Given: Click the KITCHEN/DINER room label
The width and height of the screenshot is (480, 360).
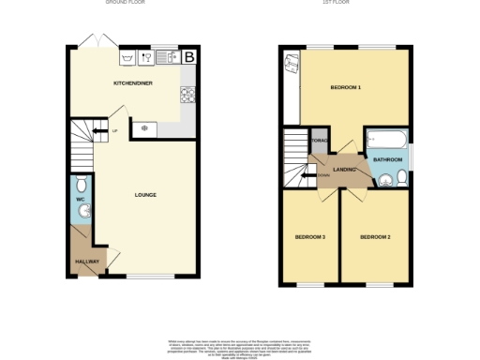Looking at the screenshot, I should point(133,83).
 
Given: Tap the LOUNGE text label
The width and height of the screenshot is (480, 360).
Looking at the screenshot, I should point(144,195).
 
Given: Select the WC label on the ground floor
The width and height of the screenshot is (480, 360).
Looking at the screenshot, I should point(80,199).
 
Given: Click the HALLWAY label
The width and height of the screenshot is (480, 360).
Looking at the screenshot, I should point(86,261).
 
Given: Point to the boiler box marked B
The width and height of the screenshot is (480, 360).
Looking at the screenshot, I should point(190,57).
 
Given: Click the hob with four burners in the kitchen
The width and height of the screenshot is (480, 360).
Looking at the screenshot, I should point(187,95).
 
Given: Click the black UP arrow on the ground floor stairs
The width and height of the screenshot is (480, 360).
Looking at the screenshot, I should point(97,131).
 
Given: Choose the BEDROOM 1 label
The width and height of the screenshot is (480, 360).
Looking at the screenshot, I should point(345,87).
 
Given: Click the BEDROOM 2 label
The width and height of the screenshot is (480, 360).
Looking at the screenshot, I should point(375,236).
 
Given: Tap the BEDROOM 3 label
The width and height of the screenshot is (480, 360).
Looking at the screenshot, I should point(309,236).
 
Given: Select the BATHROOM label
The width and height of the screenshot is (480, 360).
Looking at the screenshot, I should point(387,160).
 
